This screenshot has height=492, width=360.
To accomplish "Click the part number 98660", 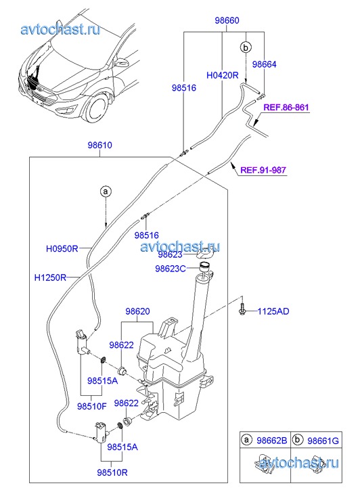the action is pos(227,21).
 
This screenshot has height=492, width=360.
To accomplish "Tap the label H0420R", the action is pos(223,75).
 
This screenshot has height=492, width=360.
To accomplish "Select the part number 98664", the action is pos(265,64).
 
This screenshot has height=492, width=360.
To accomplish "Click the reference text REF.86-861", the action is pos(286,108).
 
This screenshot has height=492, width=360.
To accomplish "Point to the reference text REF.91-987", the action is pos(263,170).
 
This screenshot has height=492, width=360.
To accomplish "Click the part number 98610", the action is pos(99,146).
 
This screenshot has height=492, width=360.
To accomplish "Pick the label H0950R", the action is pos(62,249).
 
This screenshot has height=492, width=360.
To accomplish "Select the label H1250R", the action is pos(50,277).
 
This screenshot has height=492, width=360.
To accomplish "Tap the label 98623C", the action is pos(171,269).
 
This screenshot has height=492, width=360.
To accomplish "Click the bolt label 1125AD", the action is pos(273,311).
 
